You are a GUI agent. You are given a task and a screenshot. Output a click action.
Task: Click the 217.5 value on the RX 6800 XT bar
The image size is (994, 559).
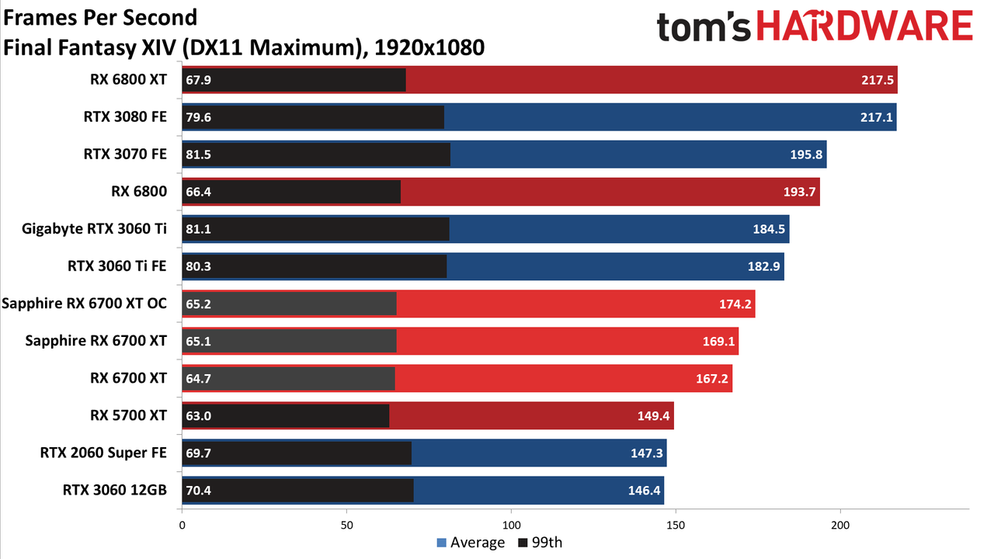(x=878, y=80)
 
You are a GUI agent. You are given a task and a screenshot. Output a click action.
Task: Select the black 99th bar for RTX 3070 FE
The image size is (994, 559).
(x=316, y=155)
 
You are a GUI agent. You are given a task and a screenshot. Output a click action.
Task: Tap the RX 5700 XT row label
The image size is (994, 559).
(x=128, y=415)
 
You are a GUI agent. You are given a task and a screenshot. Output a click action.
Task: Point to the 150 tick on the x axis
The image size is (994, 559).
(x=676, y=526)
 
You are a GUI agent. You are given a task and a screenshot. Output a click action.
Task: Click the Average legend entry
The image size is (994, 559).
(x=471, y=543)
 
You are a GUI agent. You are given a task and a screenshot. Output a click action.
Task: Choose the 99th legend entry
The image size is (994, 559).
(x=540, y=543)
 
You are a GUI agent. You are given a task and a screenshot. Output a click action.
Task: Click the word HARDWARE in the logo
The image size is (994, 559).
(x=865, y=26)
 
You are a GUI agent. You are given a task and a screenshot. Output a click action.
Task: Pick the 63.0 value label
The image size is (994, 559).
(x=198, y=416)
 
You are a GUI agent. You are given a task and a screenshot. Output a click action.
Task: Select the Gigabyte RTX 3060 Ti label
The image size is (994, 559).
(x=94, y=229)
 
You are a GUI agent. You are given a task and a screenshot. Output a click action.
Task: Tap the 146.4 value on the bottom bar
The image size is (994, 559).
(x=644, y=490)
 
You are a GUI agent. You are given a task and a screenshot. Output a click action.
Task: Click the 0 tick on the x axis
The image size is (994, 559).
(x=182, y=526)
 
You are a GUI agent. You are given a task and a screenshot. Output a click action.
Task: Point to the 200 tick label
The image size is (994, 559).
(x=840, y=526)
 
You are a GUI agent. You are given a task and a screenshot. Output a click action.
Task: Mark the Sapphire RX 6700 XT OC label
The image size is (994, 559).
(x=85, y=304)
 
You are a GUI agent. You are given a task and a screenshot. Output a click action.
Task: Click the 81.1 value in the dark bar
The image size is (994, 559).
(x=198, y=229)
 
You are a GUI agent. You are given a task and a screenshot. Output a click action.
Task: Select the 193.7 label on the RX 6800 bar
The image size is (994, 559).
(x=800, y=192)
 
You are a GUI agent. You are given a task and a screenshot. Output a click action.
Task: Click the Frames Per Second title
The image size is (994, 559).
(x=100, y=18)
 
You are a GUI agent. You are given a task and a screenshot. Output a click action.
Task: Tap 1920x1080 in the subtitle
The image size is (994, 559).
(x=429, y=47)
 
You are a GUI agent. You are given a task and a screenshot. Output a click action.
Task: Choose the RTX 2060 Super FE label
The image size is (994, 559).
(x=103, y=453)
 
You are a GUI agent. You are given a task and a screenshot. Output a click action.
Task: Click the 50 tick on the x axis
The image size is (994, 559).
(x=346, y=526)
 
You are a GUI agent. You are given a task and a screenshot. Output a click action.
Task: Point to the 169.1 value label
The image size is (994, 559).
(x=718, y=341)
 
